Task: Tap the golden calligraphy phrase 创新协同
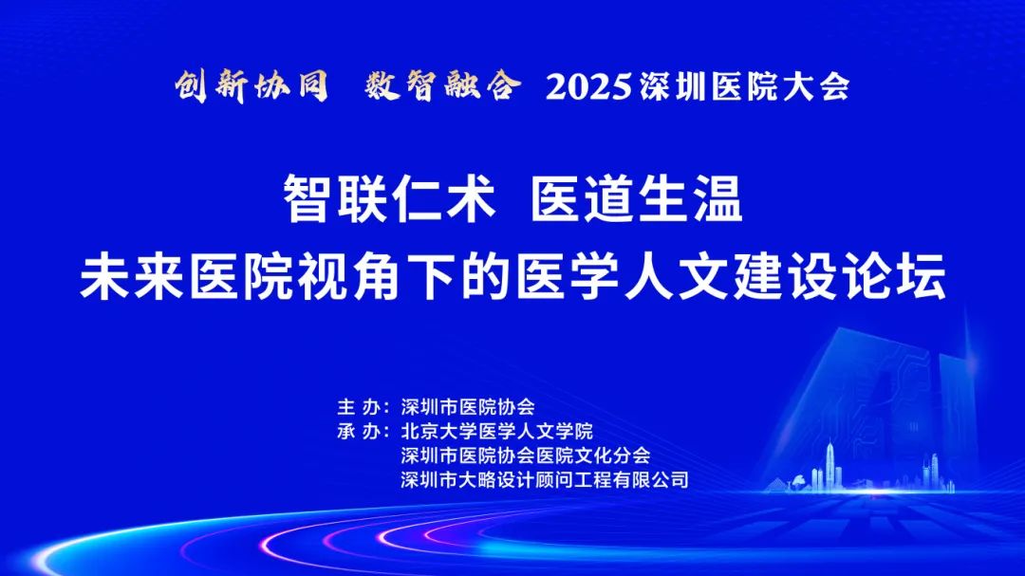click(251, 85)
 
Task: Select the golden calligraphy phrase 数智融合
click(443, 85)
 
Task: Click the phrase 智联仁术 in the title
click(390, 199)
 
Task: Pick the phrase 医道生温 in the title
click(637, 199)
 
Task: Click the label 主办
click(359, 407)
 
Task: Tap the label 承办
click(359, 431)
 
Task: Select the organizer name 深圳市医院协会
click(468, 407)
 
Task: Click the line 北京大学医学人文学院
click(496, 431)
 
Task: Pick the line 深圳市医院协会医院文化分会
click(526, 455)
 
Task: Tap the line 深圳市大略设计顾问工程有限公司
click(545, 480)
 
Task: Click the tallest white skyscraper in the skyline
click(830, 466)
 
